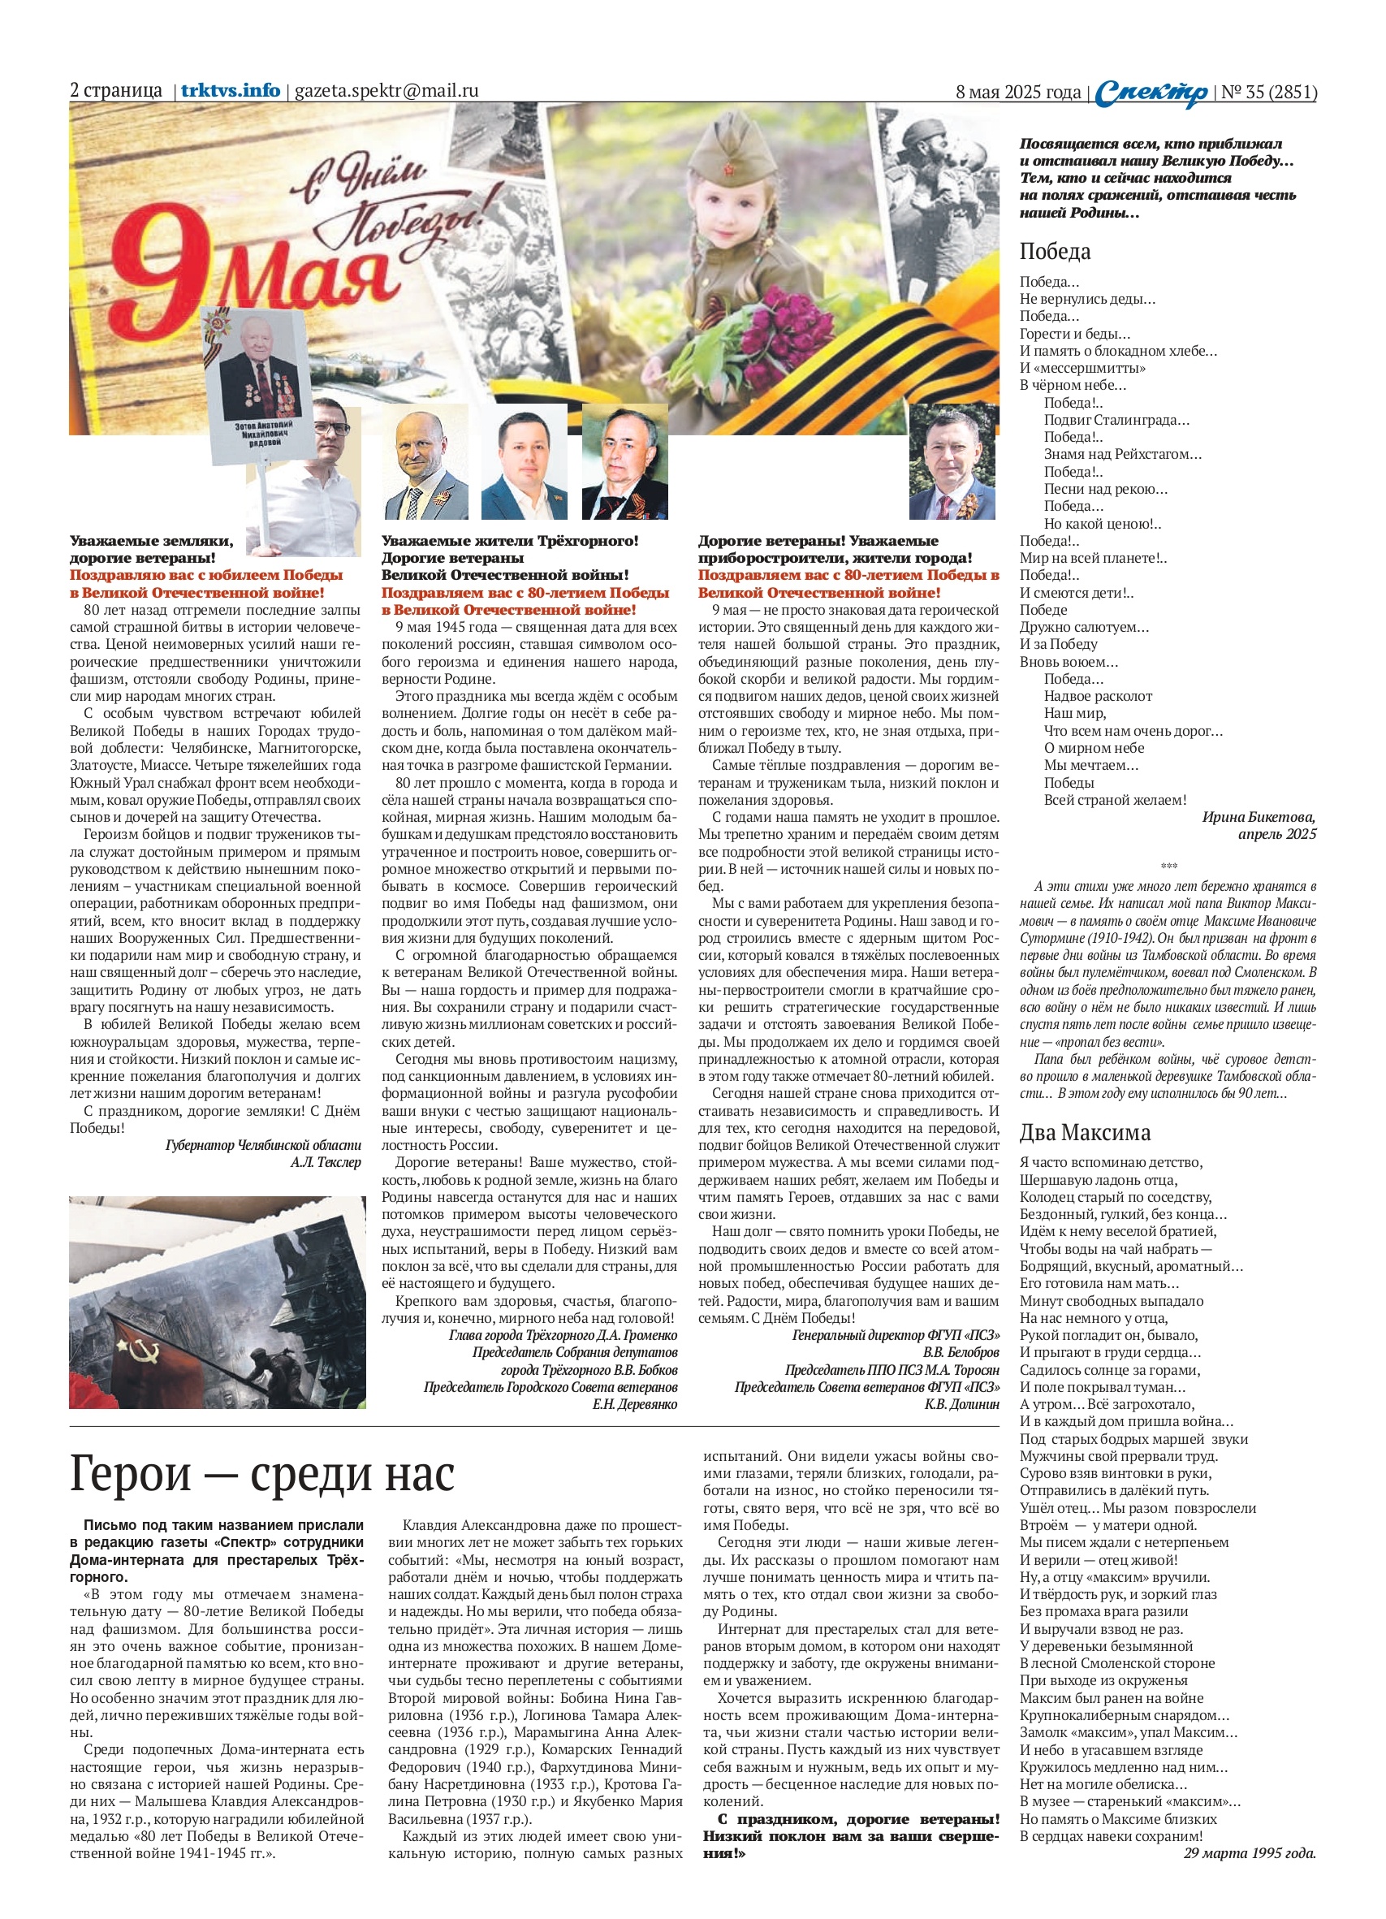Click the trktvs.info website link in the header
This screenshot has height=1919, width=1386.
point(230,90)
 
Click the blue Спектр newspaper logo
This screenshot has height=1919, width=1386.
point(1151,93)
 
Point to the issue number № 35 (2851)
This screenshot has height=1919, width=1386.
point(1268,93)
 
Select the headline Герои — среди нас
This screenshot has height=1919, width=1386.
point(262,1474)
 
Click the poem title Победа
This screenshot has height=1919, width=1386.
point(1054,251)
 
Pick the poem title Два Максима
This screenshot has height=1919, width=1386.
point(1085,1132)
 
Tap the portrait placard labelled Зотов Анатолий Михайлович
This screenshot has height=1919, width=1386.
point(263,385)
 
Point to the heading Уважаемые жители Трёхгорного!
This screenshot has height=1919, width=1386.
point(509,541)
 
